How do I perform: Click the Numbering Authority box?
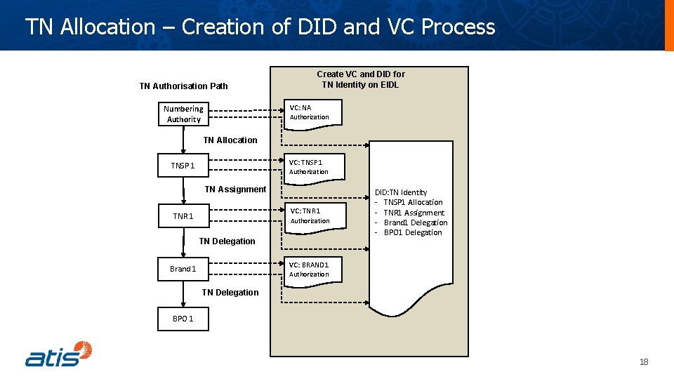pyautogui.click(x=183, y=114)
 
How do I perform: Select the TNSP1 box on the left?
pyautogui.click(x=183, y=166)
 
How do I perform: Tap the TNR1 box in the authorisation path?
pyautogui.click(x=183, y=216)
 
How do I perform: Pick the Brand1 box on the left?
pyautogui.click(x=183, y=269)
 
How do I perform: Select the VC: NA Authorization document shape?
pyautogui.click(x=312, y=113)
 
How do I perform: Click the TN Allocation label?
pyautogui.click(x=230, y=140)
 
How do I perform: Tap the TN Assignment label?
pyautogui.click(x=235, y=189)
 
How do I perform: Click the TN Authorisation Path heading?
pyautogui.click(x=183, y=86)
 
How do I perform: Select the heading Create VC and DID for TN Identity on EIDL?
pyautogui.click(x=361, y=79)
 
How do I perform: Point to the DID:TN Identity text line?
pyautogui.click(x=401, y=192)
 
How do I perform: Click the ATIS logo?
pyautogui.click(x=59, y=354)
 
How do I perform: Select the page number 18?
pyautogui.click(x=644, y=362)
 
